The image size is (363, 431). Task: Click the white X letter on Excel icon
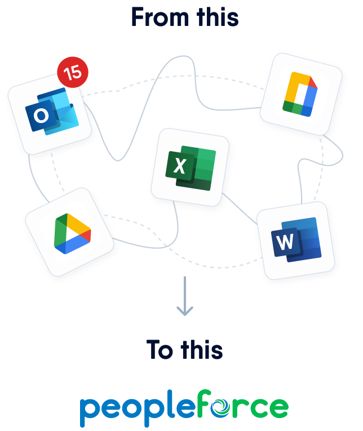(179, 166)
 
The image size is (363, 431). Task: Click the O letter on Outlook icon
(41, 116)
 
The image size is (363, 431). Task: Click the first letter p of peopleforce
(88, 410)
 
